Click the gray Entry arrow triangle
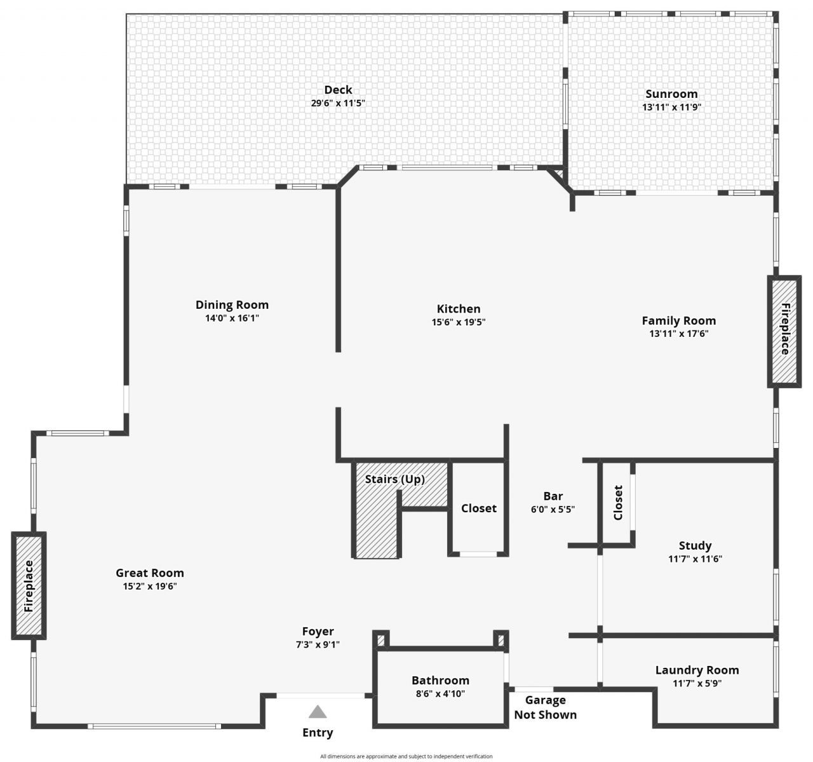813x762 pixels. (x=318, y=711)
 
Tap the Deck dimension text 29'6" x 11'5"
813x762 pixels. (x=338, y=103)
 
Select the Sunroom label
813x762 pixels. (x=671, y=94)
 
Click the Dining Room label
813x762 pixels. (x=232, y=305)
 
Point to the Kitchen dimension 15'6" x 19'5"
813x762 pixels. (x=459, y=322)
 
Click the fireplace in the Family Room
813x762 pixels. (x=784, y=331)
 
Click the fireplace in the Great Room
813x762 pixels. (x=29, y=586)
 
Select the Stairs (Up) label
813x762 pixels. (x=394, y=479)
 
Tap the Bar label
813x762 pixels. (x=553, y=496)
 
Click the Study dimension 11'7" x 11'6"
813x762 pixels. (x=695, y=559)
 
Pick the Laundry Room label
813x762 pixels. (x=697, y=670)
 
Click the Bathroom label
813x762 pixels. (x=440, y=681)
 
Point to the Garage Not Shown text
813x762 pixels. (x=545, y=707)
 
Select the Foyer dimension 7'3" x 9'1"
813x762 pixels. (x=318, y=644)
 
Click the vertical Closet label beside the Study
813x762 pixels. (x=618, y=503)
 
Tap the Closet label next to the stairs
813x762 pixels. (x=478, y=508)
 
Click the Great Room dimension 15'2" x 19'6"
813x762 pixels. (x=150, y=587)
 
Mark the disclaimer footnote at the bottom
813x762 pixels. (x=406, y=756)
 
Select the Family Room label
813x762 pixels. (x=678, y=321)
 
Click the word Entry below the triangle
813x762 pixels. (x=318, y=733)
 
